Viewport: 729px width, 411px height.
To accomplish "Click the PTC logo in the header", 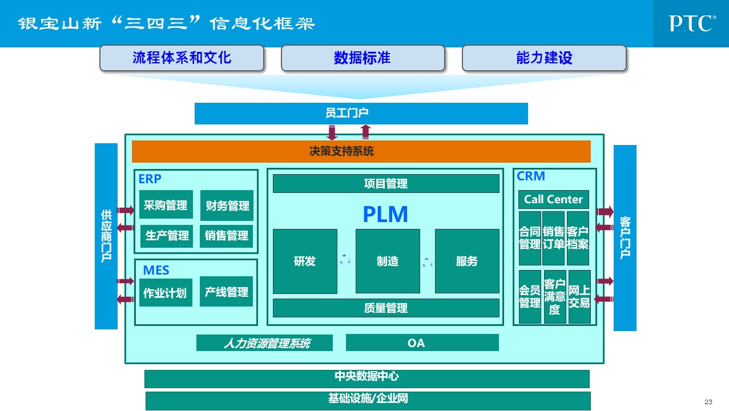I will point(691,23).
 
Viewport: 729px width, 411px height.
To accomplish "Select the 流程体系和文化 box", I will point(182,58).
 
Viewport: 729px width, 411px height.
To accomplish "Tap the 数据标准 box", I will point(363,58).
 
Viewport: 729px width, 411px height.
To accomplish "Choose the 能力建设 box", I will point(544,58).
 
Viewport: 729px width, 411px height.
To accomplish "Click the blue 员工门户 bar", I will point(361,113).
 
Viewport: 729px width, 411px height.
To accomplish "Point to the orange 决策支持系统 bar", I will point(361,151).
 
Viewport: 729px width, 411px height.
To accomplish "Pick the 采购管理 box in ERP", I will point(166,204).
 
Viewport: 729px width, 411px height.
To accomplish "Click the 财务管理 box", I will point(227,205).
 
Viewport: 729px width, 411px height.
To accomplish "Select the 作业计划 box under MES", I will point(165,293).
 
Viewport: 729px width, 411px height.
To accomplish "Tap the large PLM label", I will point(385,214).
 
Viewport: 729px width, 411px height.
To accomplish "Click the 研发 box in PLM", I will point(305,261).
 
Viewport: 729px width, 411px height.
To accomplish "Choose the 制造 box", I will point(388,261).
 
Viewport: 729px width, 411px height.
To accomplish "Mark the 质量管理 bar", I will point(386,308).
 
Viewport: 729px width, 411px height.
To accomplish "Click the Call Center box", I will point(553,199).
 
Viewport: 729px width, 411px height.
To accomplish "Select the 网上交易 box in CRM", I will point(579,297).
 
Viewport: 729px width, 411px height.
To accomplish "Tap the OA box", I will point(422,342).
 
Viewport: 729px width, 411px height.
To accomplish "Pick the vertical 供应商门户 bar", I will point(106,236).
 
